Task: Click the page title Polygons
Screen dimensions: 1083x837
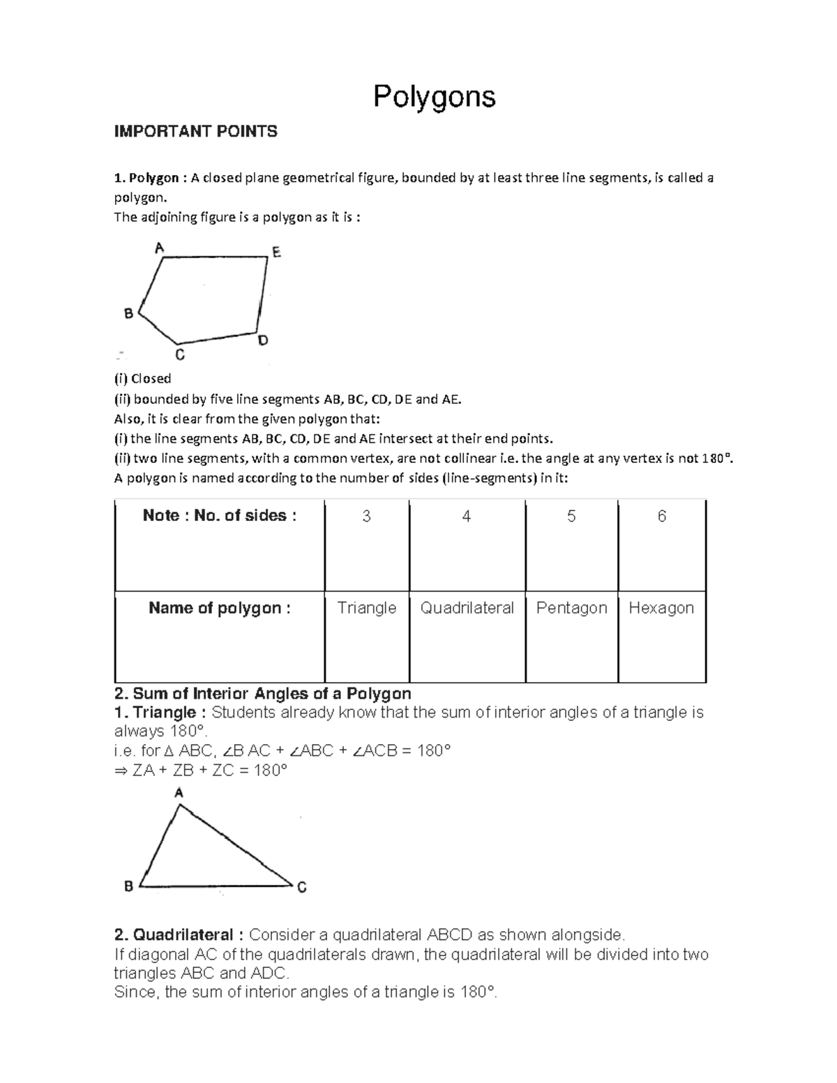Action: click(x=434, y=96)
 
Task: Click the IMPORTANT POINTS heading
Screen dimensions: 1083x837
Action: click(x=195, y=132)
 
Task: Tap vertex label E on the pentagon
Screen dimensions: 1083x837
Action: click(x=277, y=252)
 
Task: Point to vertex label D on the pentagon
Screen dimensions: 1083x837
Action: click(x=263, y=341)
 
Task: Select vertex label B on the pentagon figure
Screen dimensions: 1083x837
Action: click(x=128, y=314)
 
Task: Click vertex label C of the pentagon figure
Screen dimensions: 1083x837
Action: click(x=179, y=355)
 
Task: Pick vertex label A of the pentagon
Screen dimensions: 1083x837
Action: click(x=159, y=248)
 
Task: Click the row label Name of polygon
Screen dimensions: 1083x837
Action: click(x=220, y=608)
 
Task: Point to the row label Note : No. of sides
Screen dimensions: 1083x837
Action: click(x=220, y=516)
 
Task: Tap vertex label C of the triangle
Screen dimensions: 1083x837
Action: click(x=302, y=888)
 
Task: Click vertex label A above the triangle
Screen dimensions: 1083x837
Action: click(x=179, y=793)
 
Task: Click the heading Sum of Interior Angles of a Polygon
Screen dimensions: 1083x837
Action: click(x=262, y=694)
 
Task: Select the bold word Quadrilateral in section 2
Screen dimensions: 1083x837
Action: click(x=183, y=934)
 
